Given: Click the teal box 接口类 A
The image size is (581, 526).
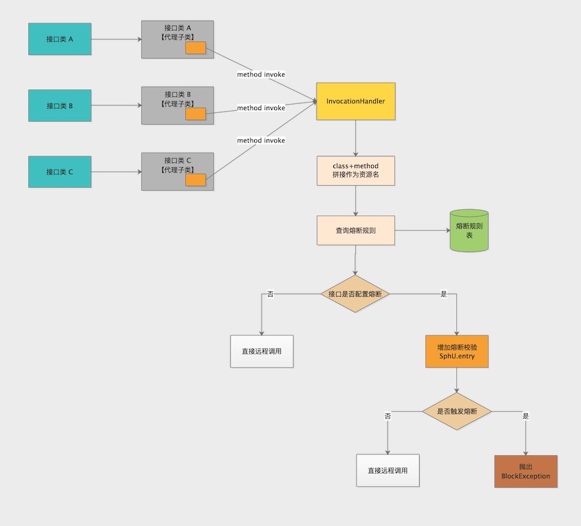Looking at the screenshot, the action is pyautogui.click(x=60, y=39).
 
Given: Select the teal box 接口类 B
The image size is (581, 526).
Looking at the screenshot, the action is pyautogui.click(x=60, y=105).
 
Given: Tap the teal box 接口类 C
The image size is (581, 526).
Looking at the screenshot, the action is pyautogui.click(x=60, y=171).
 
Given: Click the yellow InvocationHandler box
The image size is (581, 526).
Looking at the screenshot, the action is pyautogui.click(x=356, y=101).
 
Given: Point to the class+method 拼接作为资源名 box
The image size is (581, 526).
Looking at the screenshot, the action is pyautogui.click(x=356, y=171).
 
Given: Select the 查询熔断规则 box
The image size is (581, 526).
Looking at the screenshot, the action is pyautogui.click(x=356, y=230).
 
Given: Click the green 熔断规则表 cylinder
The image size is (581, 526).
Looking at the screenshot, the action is pyautogui.click(x=469, y=231).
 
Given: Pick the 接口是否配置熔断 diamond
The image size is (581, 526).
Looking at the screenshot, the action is pyautogui.click(x=355, y=293).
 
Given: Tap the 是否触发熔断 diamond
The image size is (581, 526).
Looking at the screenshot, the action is pyautogui.click(x=457, y=411).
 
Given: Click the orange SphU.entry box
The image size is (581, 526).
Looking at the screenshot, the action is pyautogui.click(x=457, y=351).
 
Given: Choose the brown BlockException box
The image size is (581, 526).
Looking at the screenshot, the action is pyautogui.click(x=526, y=471).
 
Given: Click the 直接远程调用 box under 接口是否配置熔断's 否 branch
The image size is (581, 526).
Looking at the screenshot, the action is pyautogui.click(x=262, y=351).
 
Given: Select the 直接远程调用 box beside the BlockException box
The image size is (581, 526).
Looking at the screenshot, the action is pyautogui.click(x=388, y=470).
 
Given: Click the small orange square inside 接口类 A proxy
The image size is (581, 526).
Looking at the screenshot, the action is pyautogui.click(x=196, y=48).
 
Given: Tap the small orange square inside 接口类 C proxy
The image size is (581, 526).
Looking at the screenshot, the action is pyautogui.click(x=196, y=180).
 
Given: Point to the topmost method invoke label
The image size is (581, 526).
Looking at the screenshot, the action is pyautogui.click(x=261, y=74).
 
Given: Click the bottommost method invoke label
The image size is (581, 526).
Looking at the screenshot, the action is pyautogui.click(x=261, y=140).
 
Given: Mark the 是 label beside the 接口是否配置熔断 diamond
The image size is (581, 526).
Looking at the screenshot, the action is pyautogui.click(x=443, y=294).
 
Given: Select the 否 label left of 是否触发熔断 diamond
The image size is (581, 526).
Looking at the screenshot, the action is pyautogui.click(x=388, y=416).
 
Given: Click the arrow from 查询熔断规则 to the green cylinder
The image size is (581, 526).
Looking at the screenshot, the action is pyautogui.click(x=423, y=230).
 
